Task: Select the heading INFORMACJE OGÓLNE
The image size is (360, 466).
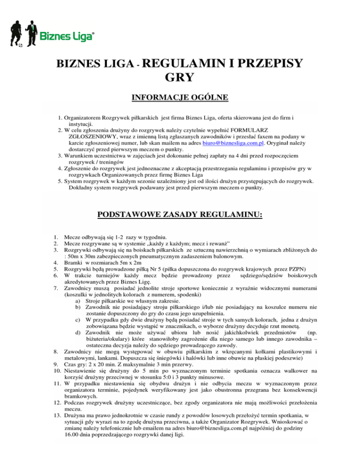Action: (180, 98)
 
